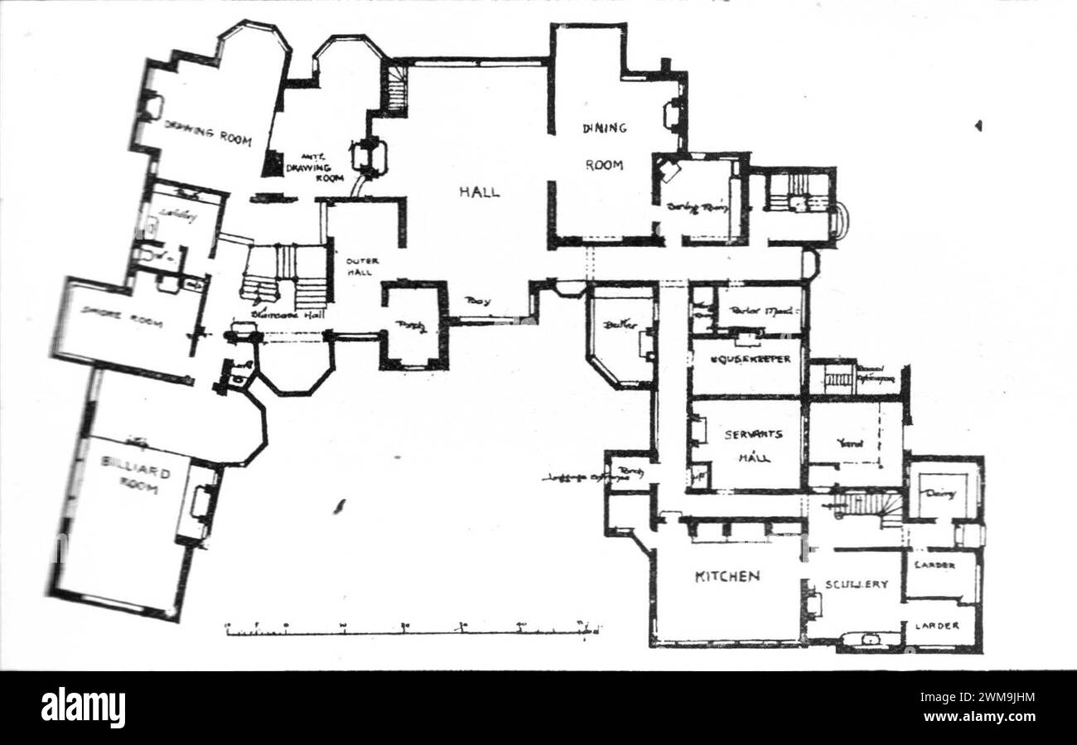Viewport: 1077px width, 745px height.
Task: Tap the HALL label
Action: [x=480, y=191]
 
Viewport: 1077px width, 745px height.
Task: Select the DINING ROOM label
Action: [x=604, y=146]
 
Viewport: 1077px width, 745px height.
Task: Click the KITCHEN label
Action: [x=727, y=577]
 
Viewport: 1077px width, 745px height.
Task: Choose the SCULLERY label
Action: [x=856, y=584]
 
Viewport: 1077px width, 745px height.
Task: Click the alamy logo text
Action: [x=83, y=709]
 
